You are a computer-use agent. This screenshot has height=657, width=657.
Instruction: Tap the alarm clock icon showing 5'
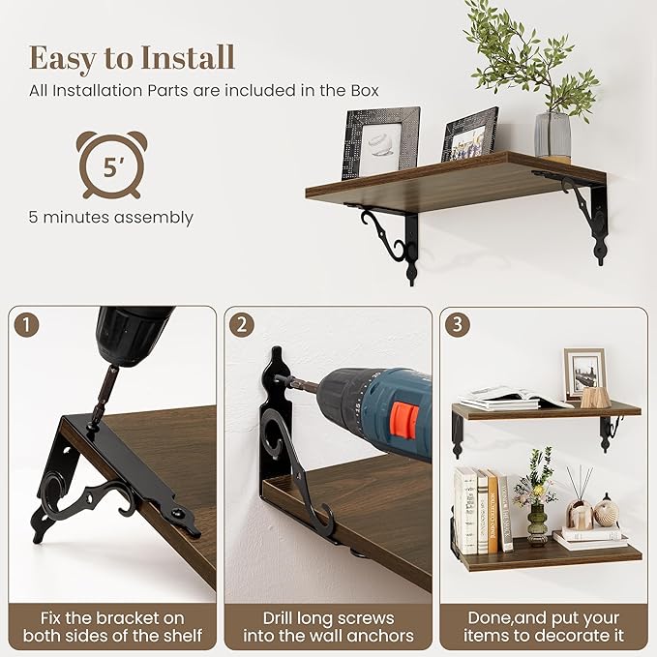[111, 164]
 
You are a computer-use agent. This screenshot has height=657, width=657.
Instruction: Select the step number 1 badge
[26, 325]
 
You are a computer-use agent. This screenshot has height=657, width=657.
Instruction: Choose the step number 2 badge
[242, 325]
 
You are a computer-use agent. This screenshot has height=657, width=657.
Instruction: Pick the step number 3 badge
[457, 324]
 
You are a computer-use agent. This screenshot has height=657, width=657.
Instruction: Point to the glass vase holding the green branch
[552, 135]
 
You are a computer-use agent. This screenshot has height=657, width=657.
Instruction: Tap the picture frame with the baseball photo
[380, 143]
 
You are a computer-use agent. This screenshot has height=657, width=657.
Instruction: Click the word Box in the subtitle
[365, 91]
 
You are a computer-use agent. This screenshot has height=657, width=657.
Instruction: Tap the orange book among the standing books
[492, 512]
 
